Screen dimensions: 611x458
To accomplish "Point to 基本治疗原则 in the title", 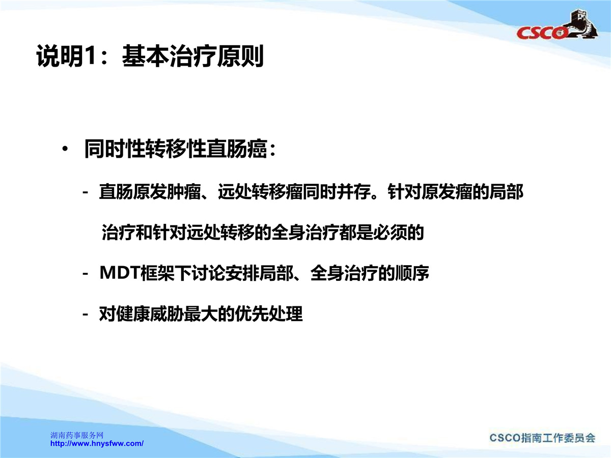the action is (192, 56).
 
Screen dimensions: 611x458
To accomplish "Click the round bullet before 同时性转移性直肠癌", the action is (65, 149).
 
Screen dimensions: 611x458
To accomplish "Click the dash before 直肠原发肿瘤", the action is (86, 192).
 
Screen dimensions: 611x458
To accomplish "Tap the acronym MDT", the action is (120, 273).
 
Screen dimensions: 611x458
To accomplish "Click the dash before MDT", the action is (86, 274).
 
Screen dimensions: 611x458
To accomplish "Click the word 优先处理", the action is (269, 313).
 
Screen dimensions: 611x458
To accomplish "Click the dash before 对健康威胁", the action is (86, 314).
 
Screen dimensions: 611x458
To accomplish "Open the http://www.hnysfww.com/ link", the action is (97, 443).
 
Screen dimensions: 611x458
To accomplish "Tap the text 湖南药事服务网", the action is (77, 435).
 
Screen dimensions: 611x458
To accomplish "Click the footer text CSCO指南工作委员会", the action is (542, 438).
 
